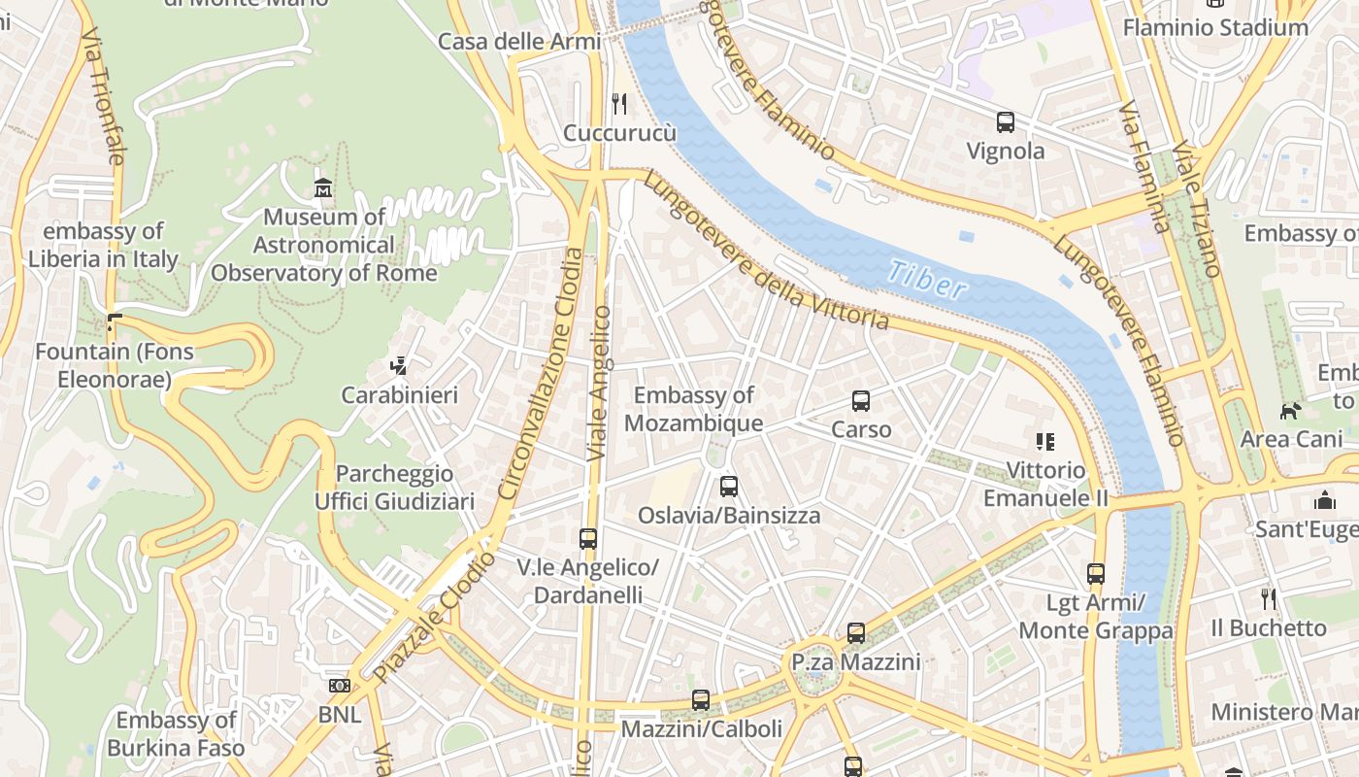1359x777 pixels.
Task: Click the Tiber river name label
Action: tap(927, 280)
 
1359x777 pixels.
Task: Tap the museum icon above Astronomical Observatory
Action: tap(323, 187)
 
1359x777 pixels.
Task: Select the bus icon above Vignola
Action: tap(1006, 122)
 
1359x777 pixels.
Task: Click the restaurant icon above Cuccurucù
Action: tap(619, 103)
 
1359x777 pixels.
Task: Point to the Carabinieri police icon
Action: tap(398, 366)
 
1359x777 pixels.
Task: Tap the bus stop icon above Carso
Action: tap(860, 400)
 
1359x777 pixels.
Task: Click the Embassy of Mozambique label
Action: tap(693, 409)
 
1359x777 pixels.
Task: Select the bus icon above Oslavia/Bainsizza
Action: tap(729, 487)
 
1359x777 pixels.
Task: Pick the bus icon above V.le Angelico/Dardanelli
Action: tap(588, 538)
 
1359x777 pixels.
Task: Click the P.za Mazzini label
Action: tap(855, 662)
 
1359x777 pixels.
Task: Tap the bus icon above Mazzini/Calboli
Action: tap(701, 699)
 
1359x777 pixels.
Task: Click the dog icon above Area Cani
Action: tap(1290, 411)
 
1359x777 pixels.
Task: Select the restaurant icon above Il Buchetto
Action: tap(1268, 598)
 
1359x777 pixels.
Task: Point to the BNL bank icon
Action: tap(339, 686)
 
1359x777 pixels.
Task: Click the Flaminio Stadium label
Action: tap(1215, 27)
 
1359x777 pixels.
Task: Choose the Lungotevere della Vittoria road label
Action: tap(765, 253)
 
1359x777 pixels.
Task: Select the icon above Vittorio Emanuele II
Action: tap(1044, 442)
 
